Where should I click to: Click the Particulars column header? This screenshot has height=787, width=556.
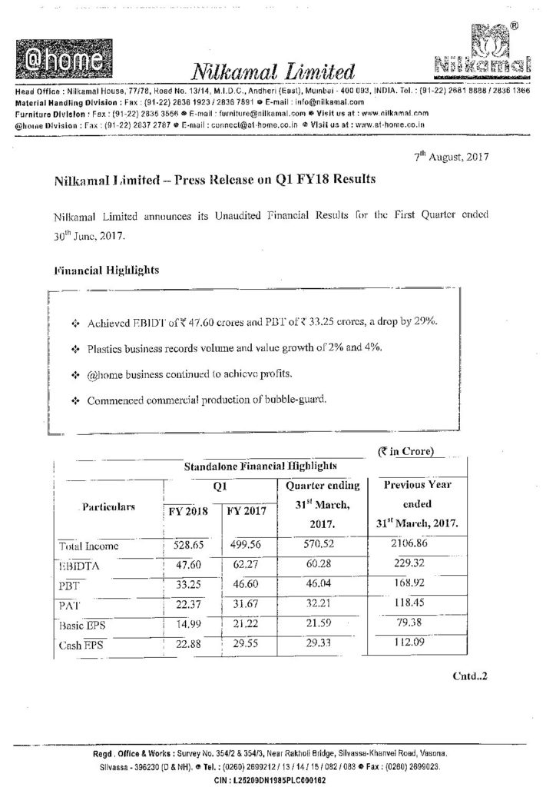click(109, 507)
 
